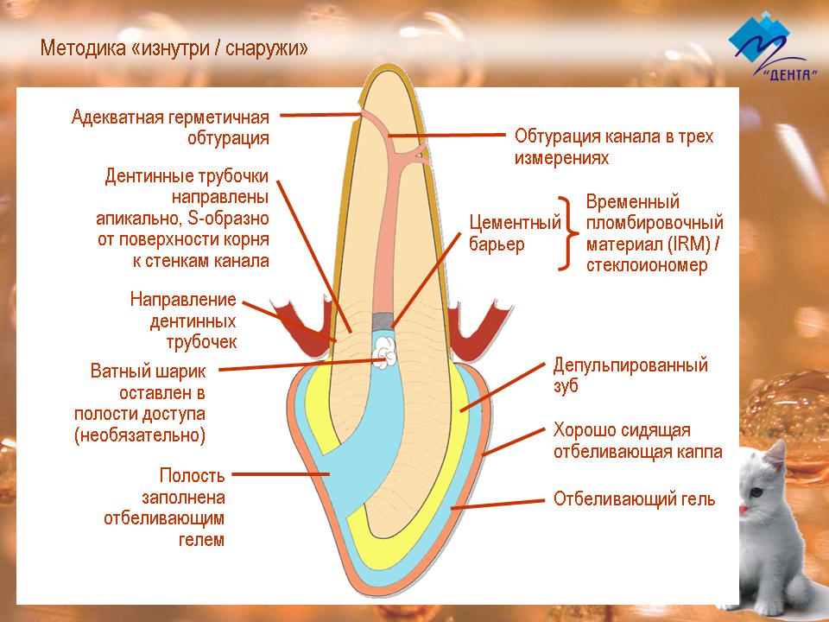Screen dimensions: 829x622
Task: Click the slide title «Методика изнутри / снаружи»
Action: (x=174, y=48)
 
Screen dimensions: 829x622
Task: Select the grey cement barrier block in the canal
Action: (x=383, y=320)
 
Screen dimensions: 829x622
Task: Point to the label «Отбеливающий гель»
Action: (x=634, y=498)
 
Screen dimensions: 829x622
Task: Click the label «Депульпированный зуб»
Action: (x=630, y=375)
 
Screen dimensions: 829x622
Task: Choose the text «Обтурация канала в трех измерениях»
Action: (x=614, y=147)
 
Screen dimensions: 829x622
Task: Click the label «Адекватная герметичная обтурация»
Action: (x=170, y=127)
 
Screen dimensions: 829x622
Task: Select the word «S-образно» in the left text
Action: (x=228, y=218)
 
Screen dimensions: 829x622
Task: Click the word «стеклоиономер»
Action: (x=647, y=265)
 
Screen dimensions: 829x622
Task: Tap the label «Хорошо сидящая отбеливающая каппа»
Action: (x=637, y=441)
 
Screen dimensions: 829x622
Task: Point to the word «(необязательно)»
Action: (x=140, y=435)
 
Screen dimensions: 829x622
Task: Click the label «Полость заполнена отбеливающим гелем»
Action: (x=164, y=507)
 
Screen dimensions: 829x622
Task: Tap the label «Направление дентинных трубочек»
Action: (x=183, y=321)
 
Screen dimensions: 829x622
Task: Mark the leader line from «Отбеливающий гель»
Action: (x=497, y=504)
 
